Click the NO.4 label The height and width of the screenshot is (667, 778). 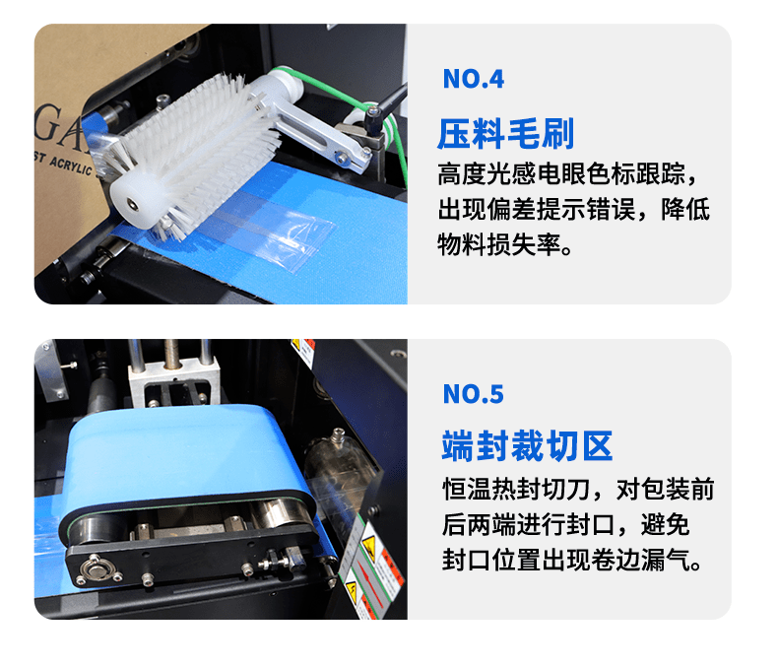[x=473, y=79]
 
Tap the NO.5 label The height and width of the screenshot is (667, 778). [x=473, y=394]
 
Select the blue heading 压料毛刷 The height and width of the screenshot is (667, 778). [x=505, y=134]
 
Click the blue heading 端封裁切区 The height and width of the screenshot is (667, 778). [x=528, y=446]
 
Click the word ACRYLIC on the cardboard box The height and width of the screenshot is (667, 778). [x=71, y=165]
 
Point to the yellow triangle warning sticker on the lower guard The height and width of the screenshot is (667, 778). [x=368, y=544]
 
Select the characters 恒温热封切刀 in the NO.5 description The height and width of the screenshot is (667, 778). [x=515, y=489]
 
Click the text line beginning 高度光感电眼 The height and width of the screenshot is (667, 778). [x=567, y=173]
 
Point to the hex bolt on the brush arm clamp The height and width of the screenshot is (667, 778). [x=342, y=159]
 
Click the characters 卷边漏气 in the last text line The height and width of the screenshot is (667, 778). [x=640, y=561]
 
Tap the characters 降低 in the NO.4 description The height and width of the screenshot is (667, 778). [x=685, y=209]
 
